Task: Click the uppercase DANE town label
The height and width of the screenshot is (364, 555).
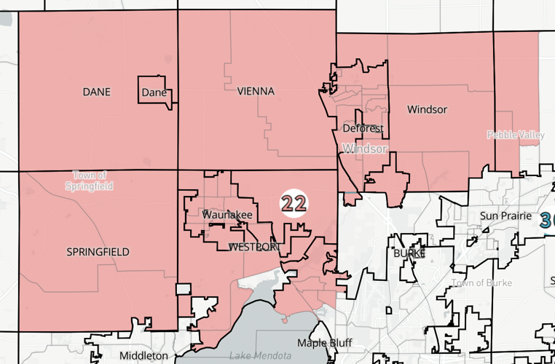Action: (x=96, y=92)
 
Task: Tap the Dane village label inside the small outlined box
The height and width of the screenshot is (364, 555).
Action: (x=154, y=92)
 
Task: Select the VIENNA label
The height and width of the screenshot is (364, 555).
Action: (x=256, y=91)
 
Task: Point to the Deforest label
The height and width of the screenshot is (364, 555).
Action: (x=363, y=128)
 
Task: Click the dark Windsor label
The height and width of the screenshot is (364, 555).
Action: (x=427, y=109)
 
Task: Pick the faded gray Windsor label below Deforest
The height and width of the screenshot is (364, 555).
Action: (x=365, y=149)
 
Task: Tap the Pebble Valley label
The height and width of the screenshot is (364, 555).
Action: (x=516, y=135)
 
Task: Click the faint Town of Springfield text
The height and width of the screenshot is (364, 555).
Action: (x=90, y=181)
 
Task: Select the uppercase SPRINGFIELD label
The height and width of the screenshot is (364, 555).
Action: (x=98, y=252)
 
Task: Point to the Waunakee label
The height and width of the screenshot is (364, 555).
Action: (x=227, y=215)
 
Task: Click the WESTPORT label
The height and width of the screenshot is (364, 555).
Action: (x=253, y=247)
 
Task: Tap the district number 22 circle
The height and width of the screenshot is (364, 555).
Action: (x=294, y=203)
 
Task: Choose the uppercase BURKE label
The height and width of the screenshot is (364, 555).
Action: (x=409, y=253)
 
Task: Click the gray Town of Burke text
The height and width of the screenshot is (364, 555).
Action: (x=481, y=282)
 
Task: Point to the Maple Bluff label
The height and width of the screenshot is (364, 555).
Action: (x=324, y=342)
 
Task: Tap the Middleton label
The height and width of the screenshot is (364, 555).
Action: (x=143, y=355)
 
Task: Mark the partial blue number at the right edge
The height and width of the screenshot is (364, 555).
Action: (x=547, y=219)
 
